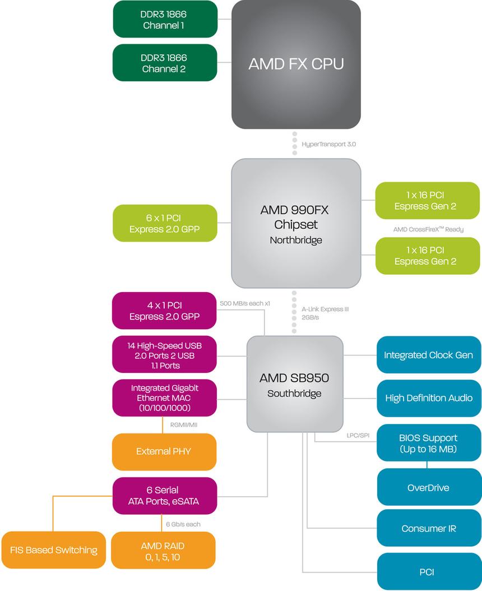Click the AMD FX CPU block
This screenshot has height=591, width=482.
[x=296, y=64]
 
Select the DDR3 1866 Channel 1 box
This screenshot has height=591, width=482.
[x=165, y=20]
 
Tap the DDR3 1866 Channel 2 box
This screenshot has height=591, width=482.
[x=165, y=63]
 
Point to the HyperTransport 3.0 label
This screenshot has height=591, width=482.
[x=328, y=144]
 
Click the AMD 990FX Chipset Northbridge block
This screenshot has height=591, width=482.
[x=296, y=223]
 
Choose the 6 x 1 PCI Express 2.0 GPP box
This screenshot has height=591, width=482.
[x=165, y=223]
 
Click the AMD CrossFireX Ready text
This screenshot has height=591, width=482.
[x=428, y=229]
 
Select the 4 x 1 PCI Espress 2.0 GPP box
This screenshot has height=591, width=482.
[x=165, y=311]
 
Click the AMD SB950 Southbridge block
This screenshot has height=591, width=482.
[x=295, y=384]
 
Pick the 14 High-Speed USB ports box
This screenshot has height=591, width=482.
[x=165, y=355]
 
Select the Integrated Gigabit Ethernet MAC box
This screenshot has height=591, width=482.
[x=165, y=398]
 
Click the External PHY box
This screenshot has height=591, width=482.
[x=165, y=451]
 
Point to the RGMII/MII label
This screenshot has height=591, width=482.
[x=184, y=425]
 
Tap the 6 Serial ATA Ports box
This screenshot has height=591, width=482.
[x=165, y=496]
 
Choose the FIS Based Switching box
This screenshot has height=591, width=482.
[x=53, y=550]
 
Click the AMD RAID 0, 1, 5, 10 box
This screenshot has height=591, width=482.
[x=163, y=551]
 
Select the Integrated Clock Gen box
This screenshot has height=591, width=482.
[x=428, y=355]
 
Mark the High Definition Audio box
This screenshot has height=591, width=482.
[x=428, y=398]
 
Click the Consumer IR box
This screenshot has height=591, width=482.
[x=428, y=528]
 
